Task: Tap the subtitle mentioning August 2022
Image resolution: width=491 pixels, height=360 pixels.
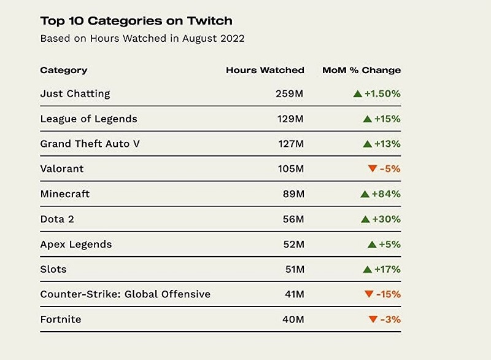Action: tap(142, 38)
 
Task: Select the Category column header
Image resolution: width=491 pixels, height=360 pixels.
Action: tap(64, 70)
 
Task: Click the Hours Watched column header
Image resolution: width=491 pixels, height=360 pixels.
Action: tap(265, 70)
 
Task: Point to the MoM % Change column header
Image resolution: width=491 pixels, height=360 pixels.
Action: tap(361, 70)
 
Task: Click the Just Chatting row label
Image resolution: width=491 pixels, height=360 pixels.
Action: tap(75, 93)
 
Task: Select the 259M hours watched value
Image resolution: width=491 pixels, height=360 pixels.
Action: tap(290, 94)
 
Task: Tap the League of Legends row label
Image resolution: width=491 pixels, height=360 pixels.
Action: tap(88, 119)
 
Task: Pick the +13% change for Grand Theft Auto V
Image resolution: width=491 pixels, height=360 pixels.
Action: tap(387, 144)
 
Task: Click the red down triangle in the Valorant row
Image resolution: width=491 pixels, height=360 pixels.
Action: tap(371, 169)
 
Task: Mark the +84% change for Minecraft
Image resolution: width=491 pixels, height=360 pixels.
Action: tap(387, 194)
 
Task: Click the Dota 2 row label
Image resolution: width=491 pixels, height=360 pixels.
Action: tap(57, 219)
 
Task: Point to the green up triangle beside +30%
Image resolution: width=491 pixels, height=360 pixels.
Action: tap(365, 219)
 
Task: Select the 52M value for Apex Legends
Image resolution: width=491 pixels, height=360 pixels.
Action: tap(292, 244)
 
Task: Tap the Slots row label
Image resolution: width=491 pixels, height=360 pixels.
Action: tap(53, 269)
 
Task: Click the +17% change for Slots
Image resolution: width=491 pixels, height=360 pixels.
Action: tap(387, 269)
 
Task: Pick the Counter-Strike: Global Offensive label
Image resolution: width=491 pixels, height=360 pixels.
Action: tap(125, 294)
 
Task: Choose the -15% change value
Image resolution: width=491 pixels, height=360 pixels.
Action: tap(389, 294)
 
